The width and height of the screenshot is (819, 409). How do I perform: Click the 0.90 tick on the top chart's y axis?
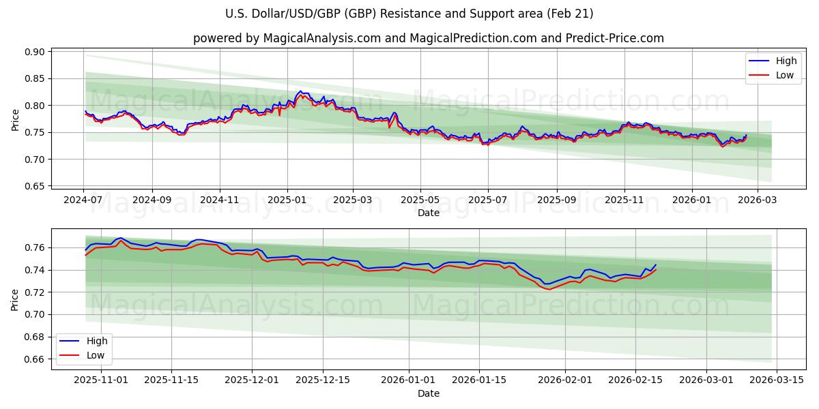click(35, 52)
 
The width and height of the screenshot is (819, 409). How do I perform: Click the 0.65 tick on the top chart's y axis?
click(35, 186)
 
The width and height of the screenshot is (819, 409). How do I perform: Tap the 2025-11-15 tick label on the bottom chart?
click(171, 380)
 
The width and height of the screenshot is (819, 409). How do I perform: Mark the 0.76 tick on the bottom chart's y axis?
click(35, 247)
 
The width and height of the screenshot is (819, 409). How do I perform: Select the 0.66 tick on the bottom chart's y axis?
click(35, 359)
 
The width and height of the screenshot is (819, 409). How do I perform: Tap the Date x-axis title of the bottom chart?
click(429, 393)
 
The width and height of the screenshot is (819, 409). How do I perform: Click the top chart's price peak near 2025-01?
click(300, 91)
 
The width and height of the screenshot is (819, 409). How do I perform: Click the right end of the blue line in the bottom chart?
click(656, 264)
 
